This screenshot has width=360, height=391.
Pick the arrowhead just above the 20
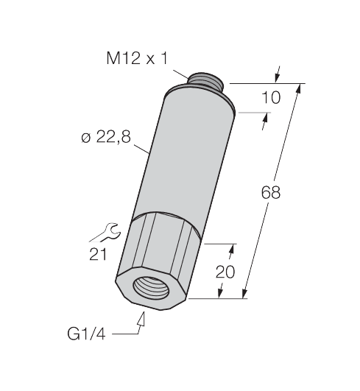235,250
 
